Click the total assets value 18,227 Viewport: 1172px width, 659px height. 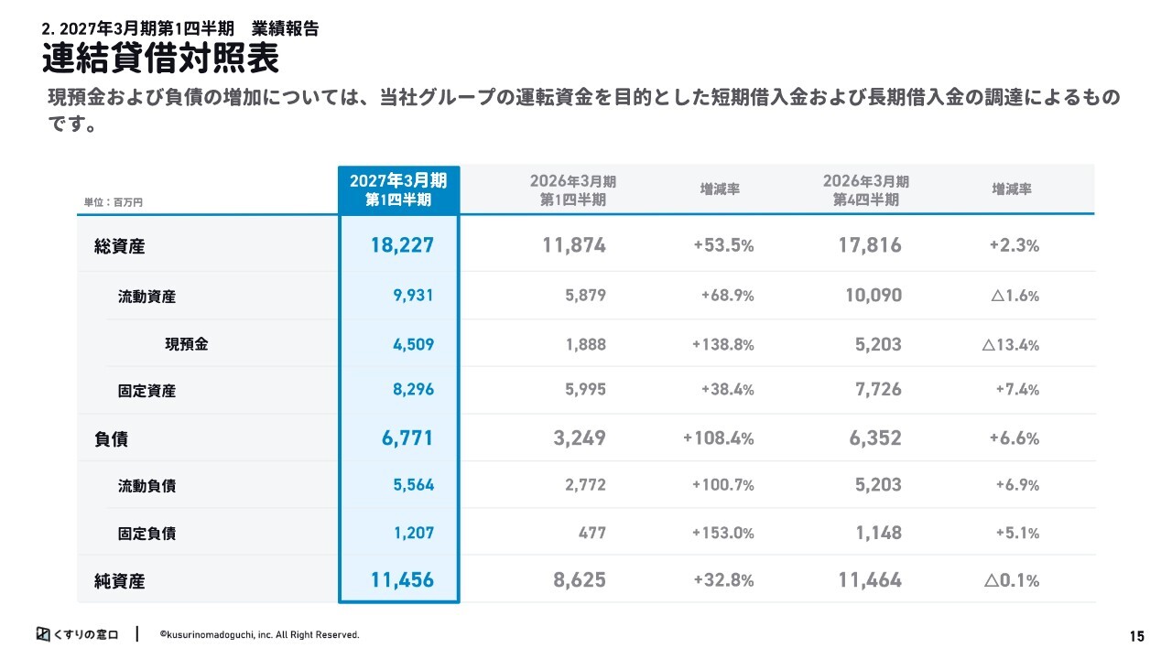point(402,245)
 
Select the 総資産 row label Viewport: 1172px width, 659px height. point(119,246)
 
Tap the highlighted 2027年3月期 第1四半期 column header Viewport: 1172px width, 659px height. point(398,189)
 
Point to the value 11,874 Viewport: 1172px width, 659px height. point(574,245)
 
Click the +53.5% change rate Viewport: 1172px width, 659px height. point(723,245)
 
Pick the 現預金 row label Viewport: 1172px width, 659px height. point(187,344)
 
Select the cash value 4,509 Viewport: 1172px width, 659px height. point(413,344)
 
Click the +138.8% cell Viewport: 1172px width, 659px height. point(723,345)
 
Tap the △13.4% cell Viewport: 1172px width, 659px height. point(1010,345)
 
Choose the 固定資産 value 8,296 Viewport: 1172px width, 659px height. point(413,389)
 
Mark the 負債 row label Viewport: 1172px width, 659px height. point(111,438)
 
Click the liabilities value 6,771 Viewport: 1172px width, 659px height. point(407,438)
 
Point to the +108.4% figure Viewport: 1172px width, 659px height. point(719,438)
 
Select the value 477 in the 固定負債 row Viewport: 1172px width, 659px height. point(592,533)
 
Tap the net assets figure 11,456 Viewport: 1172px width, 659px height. point(402,580)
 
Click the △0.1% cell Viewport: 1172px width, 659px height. point(1012,580)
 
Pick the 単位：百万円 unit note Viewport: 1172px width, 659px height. point(113,202)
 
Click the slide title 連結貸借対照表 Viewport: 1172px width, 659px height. point(160,58)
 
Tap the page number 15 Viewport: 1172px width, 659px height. point(1136,636)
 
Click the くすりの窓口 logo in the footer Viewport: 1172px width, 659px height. point(78,634)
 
